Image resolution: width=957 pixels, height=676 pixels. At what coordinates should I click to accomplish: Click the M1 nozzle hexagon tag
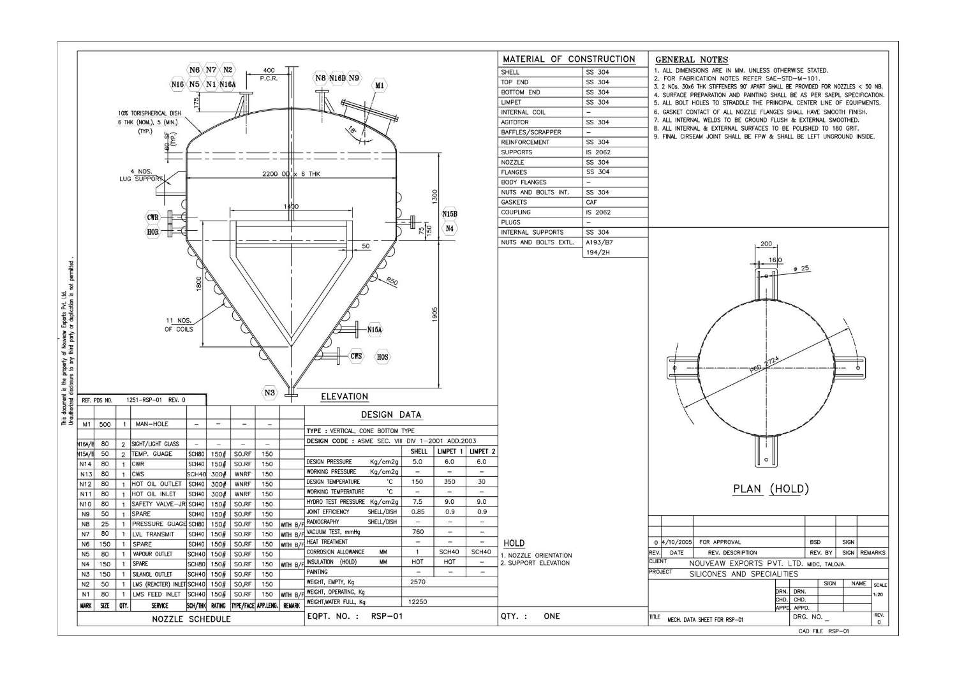point(380,85)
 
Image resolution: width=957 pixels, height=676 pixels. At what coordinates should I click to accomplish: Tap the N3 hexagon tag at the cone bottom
point(270,393)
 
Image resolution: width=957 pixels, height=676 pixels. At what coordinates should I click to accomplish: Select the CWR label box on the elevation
point(153,217)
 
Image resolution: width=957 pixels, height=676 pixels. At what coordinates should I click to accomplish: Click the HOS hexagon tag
point(382,357)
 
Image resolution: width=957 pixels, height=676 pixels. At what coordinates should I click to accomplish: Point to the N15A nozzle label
point(375,330)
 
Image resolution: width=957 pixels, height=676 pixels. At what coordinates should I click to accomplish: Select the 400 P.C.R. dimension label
point(269,75)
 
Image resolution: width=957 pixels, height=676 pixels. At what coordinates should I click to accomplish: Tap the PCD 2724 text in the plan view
point(766,367)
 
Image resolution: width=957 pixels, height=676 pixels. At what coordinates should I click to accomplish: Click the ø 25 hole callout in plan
point(801,268)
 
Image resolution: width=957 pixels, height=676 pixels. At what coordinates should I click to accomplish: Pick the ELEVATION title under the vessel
point(345,397)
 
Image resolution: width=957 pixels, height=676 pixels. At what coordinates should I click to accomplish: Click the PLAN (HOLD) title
point(771,489)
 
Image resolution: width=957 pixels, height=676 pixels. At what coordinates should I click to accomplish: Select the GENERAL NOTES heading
point(692,59)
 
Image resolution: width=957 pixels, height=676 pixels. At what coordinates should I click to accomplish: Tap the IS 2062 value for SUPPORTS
point(598,152)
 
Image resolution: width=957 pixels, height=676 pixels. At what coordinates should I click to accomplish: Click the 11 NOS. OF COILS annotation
point(179,325)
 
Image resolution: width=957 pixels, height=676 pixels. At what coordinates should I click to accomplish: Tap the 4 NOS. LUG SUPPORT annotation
point(142,175)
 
